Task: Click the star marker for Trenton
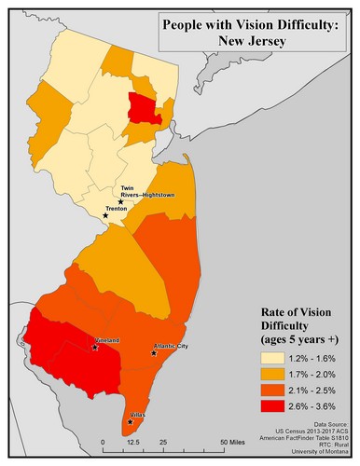[105, 215]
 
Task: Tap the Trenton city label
[117, 210]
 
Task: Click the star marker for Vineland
[95, 348]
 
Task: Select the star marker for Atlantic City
[155, 353]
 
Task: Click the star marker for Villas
[130, 421]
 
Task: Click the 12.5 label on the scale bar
[132, 444]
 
